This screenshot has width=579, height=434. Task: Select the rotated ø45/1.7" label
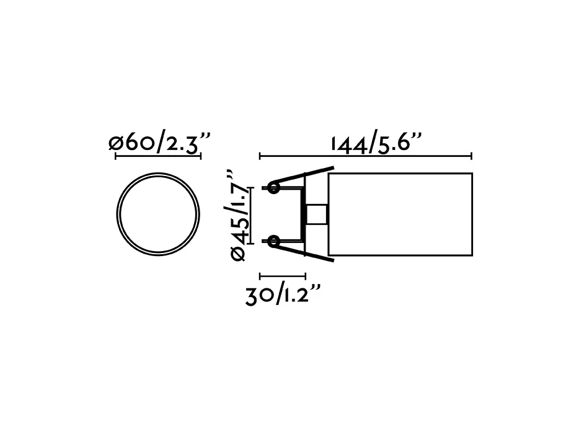237,215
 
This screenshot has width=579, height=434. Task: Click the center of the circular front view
158,215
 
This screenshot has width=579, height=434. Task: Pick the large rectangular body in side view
400,215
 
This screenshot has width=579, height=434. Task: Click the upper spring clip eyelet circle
273,188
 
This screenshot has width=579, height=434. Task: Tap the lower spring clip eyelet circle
273,242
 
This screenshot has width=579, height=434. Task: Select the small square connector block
316,215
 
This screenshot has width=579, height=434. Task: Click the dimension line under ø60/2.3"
158,156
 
